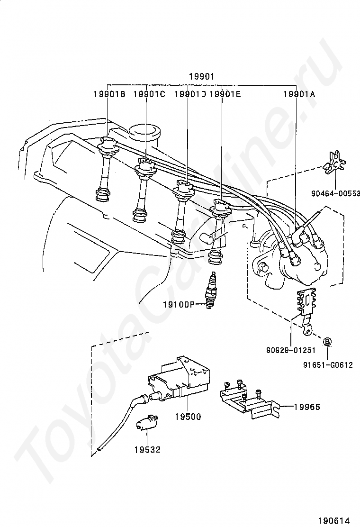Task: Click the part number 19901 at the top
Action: [x=201, y=77]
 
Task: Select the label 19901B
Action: [x=109, y=94]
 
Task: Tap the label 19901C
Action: [x=149, y=94]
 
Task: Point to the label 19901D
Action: [x=190, y=94]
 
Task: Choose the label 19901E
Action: [x=225, y=94]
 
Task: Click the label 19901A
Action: [x=299, y=94]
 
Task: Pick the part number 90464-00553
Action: [x=335, y=193]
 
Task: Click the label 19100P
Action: [x=179, y=305]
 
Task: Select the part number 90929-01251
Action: [x=291, y=350]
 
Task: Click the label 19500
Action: [x=188, y=417]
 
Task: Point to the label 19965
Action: [x=307, y=407]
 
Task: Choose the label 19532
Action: [x=148, y=449]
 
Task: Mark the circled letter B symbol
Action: [x=327, y=342]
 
